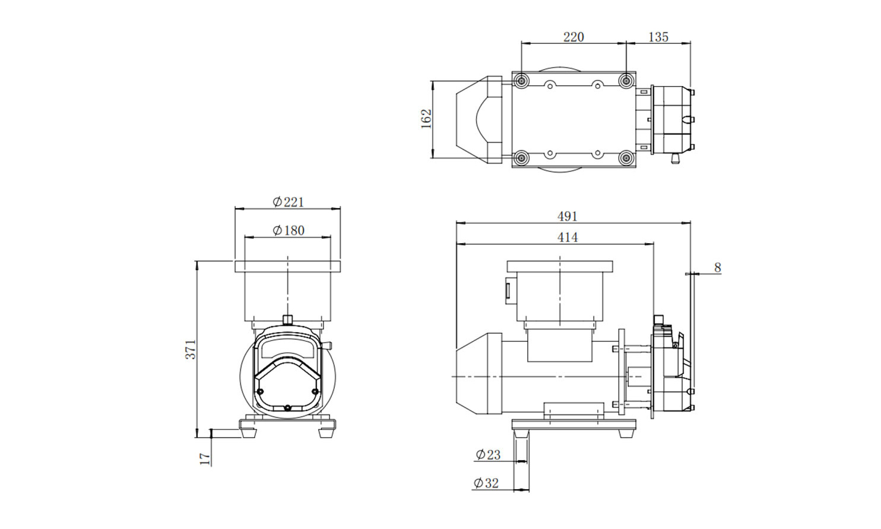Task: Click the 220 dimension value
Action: click(573, 37)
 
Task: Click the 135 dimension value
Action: click(658, 37)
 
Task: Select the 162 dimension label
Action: click(426, 119)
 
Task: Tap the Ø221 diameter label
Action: click(289, 202)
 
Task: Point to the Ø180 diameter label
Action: click(289, 230)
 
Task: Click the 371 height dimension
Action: click(191, 349)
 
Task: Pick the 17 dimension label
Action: click(205, 458)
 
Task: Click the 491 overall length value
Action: click(567, 216)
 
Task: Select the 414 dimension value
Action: click(567, 237)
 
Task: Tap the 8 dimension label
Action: click(718, 267)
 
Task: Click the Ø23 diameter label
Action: click(488, 455)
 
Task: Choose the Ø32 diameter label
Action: click(486, 483)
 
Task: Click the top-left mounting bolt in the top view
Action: click(521, 81)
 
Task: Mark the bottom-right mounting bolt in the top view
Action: click(626, 159)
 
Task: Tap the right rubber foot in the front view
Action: click(325, 433)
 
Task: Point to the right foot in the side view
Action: click(626, 434)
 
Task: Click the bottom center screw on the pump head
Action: click(287, 407)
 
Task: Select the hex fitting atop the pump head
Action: click(287, 319)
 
